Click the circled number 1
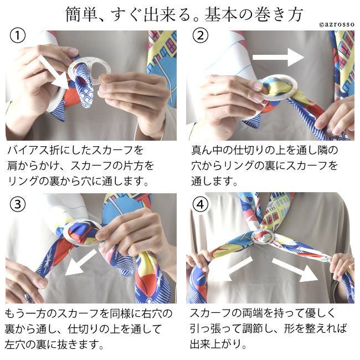pos(18,35)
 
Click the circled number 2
pos(200,35)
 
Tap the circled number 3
pos(18,204)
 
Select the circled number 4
pos(200,204)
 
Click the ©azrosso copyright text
pos(337,24)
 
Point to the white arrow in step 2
pos(278,57)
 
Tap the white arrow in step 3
pos(81,263)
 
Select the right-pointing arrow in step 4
pos(296,270)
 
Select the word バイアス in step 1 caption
pos(28,151)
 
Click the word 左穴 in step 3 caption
pos(15,344)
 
